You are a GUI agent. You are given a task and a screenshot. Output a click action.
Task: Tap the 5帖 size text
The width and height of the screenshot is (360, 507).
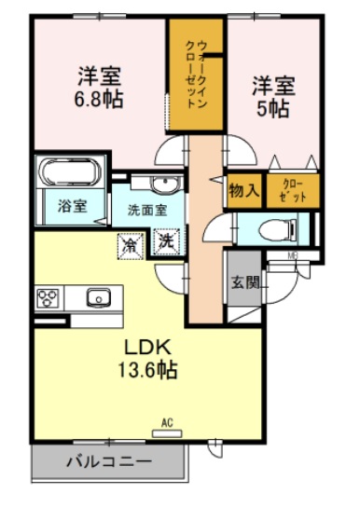(272, 108)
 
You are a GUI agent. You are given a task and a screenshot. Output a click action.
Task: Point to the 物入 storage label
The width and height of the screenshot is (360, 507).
(242, 191)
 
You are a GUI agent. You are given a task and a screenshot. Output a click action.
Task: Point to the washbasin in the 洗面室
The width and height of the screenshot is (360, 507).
(163, 184)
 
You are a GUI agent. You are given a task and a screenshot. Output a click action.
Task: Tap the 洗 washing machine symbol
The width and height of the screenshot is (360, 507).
(165, 240)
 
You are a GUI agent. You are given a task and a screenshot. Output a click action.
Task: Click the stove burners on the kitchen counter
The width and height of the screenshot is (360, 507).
(48, 297)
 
